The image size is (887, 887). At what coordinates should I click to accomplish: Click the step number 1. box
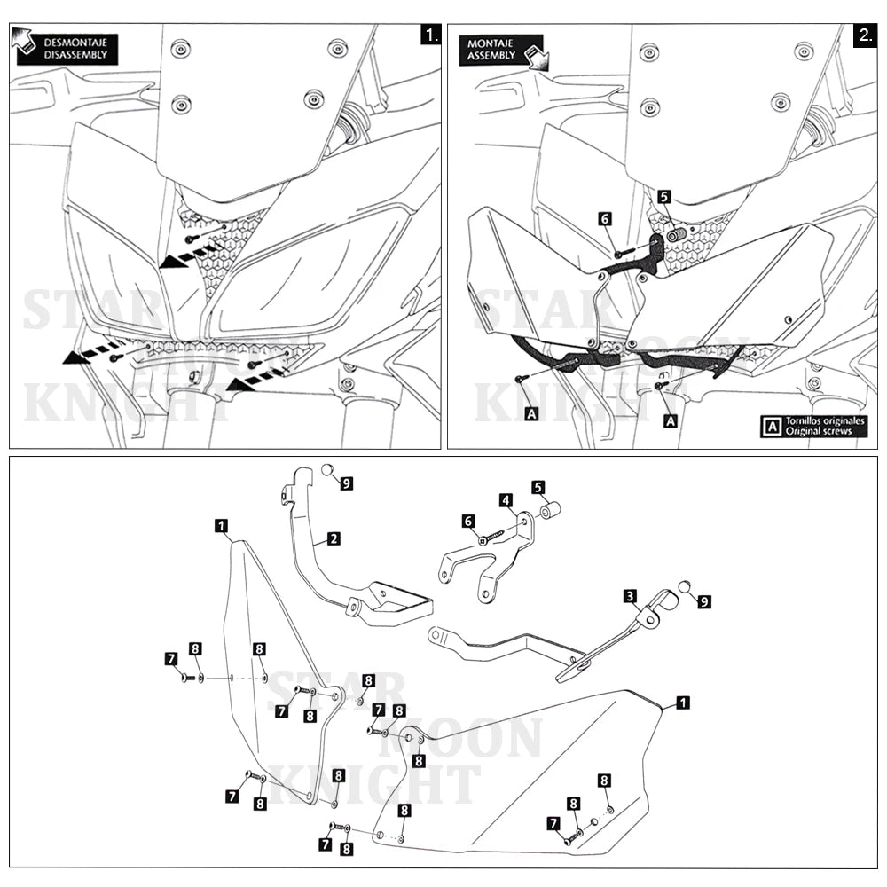pos(430,35)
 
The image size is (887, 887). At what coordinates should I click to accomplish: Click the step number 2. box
pos(865,35)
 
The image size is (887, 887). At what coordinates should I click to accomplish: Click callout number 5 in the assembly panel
pos(664,196)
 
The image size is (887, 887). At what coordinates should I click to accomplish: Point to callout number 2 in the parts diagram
pos(334,538)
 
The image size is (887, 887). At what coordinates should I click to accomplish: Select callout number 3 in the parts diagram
pos(630,596)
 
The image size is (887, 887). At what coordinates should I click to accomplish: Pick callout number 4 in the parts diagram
pos(506,500)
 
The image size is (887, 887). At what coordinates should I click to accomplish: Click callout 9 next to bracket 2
pos(346,483)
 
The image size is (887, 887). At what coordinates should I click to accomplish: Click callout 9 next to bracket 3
pos(704,600)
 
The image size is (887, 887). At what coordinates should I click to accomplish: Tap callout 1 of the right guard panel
pos(681,703)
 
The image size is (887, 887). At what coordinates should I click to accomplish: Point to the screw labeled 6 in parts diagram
pos(491,536)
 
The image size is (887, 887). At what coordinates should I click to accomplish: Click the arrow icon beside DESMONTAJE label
pos(25,38)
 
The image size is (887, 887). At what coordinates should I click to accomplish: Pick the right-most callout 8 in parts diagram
pos(604,781)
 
